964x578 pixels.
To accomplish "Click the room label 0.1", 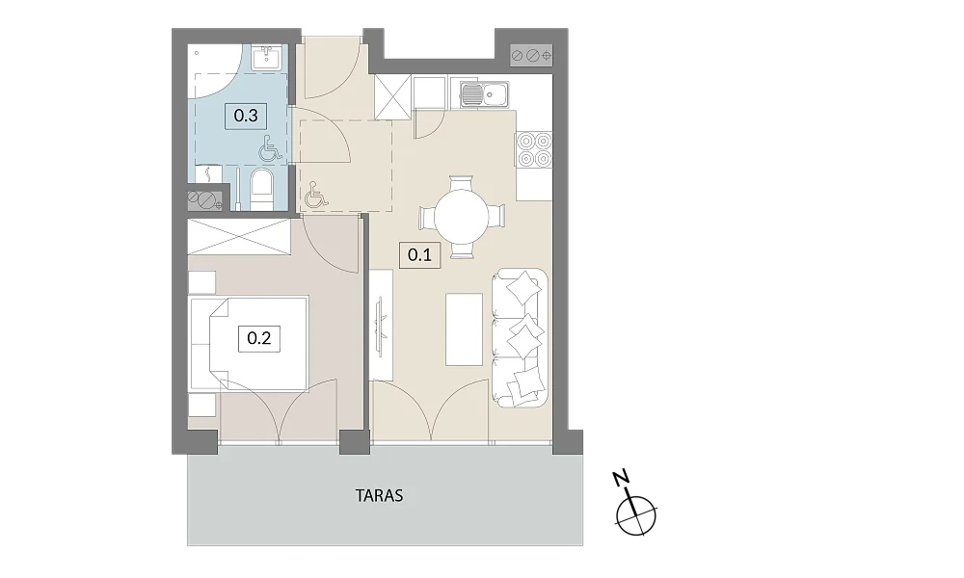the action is [420, 254].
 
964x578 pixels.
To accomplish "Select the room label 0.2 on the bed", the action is [258, 338].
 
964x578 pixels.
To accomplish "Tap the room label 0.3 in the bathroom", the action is [246, 116].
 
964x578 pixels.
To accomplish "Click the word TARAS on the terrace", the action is [379, 496].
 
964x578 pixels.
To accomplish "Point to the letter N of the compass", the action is [622, 477].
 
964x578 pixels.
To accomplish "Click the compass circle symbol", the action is [637, 514].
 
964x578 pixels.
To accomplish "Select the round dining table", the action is [462, 216].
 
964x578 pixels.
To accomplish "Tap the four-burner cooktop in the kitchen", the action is [534, 150].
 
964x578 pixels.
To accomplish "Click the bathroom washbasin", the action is [269, 57].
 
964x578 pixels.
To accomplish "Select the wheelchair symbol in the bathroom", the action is [270, 148].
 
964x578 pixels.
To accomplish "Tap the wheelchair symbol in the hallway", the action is [316, 194].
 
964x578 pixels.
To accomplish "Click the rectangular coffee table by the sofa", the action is [465, 329].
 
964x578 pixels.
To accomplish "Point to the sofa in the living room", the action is [521, 337].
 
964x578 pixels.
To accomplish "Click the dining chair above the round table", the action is [462, 183].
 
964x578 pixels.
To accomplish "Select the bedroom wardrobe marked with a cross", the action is [238, 236].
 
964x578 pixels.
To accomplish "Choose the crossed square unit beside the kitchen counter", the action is [392, 95].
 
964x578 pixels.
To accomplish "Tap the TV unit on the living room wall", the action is [381, 326].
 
